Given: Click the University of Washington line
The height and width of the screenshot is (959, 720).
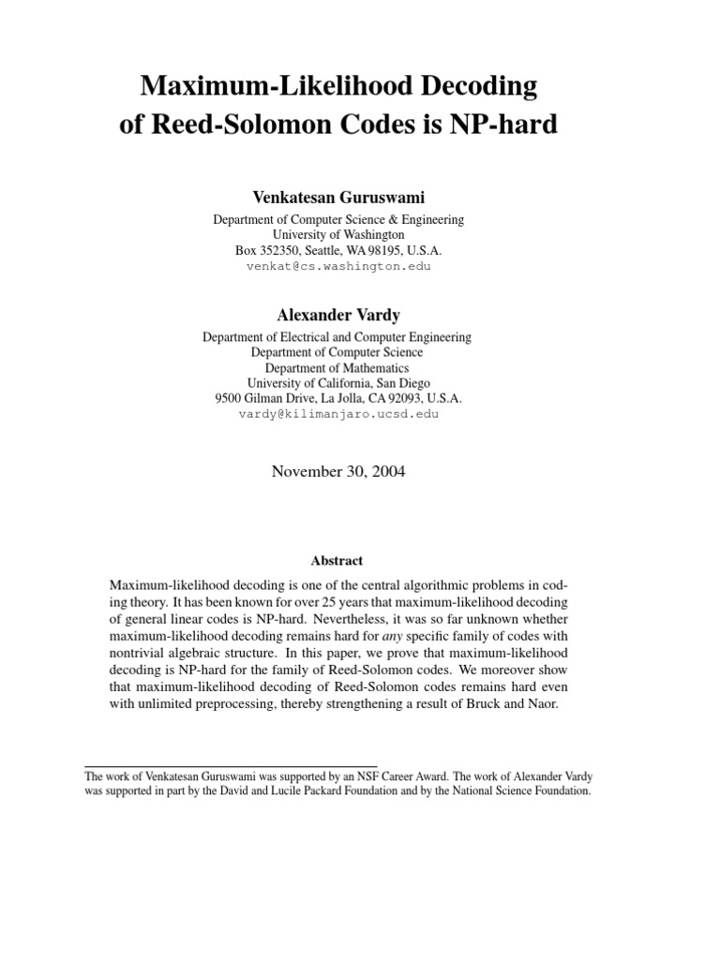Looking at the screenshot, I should (x=337, y=235).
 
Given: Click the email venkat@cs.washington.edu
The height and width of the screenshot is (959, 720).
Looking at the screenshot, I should (x=337, y=266).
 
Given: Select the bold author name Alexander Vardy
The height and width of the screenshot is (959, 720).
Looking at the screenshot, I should (x=337, y=315).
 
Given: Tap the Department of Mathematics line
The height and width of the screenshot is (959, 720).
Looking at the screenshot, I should (x=337, y=367).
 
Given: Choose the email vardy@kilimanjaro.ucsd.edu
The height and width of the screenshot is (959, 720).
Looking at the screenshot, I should (x=337, y=413).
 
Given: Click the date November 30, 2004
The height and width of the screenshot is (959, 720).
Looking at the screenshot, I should (x=337, y=472).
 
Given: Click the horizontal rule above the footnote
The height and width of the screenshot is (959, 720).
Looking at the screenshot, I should (x=231, y=767).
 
